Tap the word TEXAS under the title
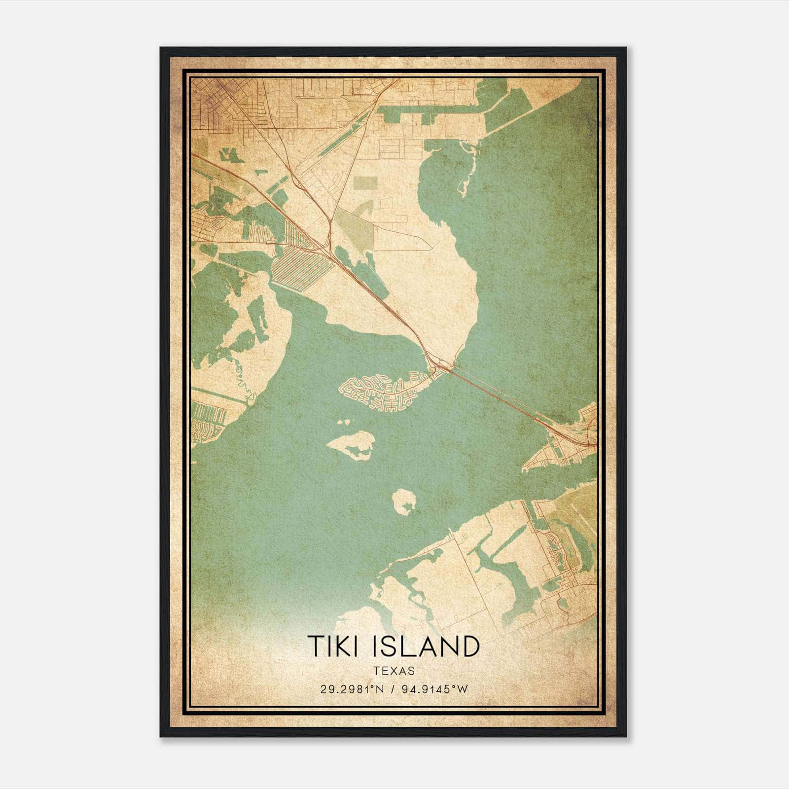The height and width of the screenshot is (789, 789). point(394,671)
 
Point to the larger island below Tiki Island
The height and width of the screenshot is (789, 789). point(351,444)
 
